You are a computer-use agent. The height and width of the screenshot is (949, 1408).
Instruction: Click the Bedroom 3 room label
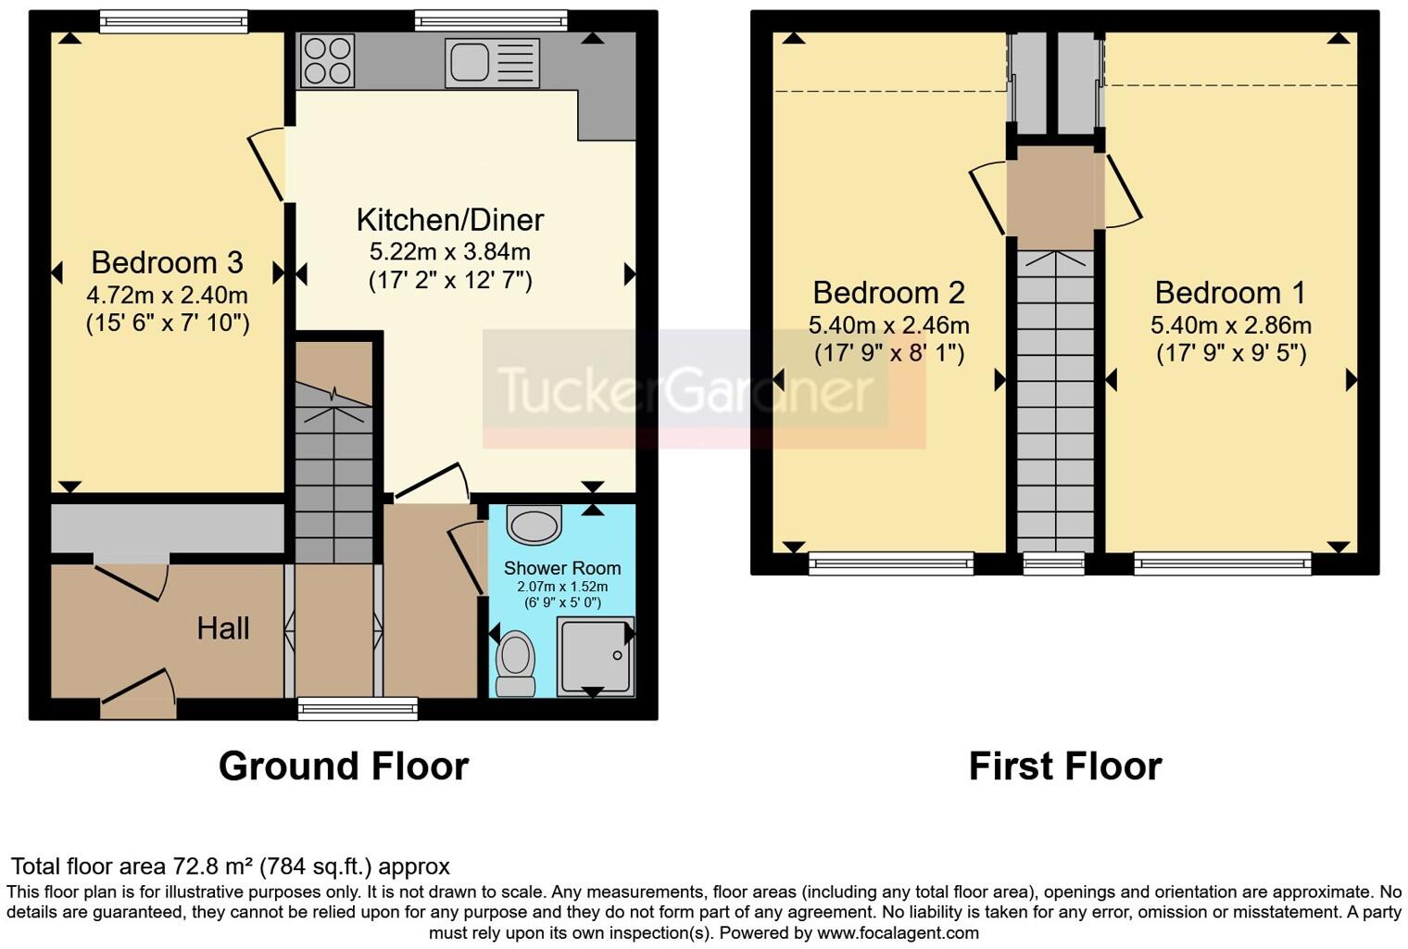pyautogui.click(x=167, y=262)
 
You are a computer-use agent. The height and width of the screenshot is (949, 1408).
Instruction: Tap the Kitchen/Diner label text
pyautogui.click(x=450, y=220)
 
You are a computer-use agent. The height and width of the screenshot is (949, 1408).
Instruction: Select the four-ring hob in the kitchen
pyautogui.click(x=327, y=60)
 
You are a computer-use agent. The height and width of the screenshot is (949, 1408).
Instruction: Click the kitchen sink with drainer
pyautogui.click(x=491, y=62)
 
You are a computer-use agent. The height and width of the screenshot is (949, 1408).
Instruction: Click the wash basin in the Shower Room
pyautogui.click(x=534, y=525)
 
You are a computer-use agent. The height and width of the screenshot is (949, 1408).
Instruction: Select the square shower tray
pyautogui.click(x=595, y=655)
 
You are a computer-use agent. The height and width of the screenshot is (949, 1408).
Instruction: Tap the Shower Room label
pyautogui.click(x=561, y=568)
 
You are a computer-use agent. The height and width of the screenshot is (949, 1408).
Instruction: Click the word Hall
pyautogui.click(x=222, y=628)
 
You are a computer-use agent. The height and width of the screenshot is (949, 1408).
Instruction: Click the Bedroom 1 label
pyautogui.click(x=1230, y=293)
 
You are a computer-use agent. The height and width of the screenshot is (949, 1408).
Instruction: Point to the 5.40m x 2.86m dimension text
pyautogui.click(x=1230, y=325)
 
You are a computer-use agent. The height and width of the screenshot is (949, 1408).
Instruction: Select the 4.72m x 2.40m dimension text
pyautogui.click(x=167, y=296)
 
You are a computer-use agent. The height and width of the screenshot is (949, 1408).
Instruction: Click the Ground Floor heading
pyautogui.click(x=343, y=766)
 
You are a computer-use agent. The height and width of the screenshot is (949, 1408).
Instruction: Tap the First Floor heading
pyautogui.click(x=1064, y=766)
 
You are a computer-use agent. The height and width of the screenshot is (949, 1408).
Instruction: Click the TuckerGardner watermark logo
pyautogui.click(x=685, y=389)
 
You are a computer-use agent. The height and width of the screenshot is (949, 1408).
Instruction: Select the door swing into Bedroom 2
pyautogui.click(x=987, y=197)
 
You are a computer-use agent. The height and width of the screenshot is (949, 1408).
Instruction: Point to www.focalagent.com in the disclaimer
pyautogui.click(x=898, y=933)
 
